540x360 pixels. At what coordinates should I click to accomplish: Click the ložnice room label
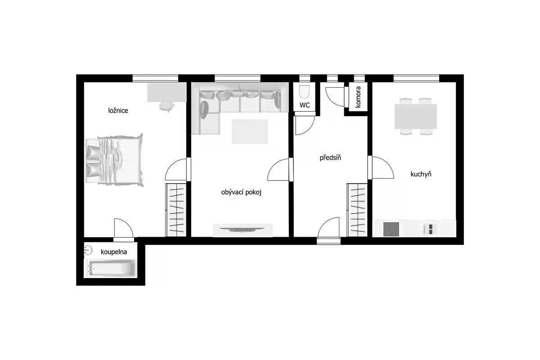coord(118,111)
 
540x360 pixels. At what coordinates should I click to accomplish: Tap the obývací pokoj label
coord(241,192)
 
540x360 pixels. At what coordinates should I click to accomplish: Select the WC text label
coord(305,105)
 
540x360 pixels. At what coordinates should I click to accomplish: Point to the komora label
coord(358,97)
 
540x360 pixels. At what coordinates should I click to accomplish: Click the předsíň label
coord(330,157)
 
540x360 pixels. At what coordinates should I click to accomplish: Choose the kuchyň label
coord(421,174)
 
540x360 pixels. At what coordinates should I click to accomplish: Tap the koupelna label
coord(114,252)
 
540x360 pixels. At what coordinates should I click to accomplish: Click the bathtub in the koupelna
coord(110,268)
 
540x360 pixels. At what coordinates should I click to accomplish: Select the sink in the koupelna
coord(89,250)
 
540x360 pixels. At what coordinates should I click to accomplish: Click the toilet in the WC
coord(304,92)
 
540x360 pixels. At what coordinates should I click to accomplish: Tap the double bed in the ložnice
coord(115,160)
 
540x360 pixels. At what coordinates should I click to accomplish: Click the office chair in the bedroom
coord(167,107)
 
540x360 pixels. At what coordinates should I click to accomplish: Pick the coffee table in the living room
coord(250,132)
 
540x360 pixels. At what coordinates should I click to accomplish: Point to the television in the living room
coord(242,229)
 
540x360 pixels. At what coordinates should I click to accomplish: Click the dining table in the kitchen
coord(416,116)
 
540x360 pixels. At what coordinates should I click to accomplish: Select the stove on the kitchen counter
coord(430,229)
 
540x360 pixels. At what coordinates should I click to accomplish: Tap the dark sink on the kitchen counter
coord(391,229)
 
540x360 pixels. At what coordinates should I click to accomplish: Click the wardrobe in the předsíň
coord(357,210)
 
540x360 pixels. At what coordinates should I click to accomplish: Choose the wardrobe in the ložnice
coord(176,210)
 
